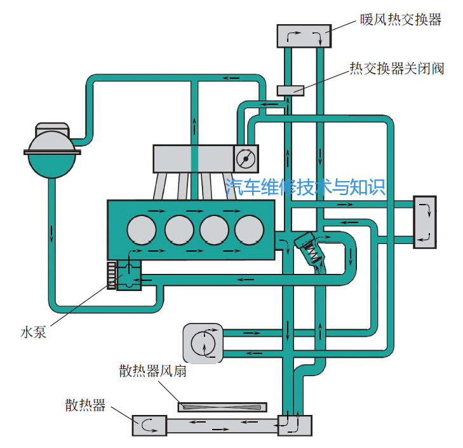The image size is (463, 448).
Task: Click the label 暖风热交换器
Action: point(400,20)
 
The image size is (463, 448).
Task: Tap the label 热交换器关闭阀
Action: point(397,69)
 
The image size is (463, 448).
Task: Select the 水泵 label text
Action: point(33,331)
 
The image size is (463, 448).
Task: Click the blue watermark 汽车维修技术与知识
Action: point(306,187)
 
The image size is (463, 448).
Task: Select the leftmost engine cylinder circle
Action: point(141,229)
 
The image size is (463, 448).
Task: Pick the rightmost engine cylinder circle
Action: point(249,229)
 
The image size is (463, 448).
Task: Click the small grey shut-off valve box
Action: point(290,90)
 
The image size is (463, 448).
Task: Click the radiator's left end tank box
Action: point(149,424)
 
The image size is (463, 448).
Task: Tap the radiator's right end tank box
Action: point(295,424)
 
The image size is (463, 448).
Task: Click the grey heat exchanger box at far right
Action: point(425,221)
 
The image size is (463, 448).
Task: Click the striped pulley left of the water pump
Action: point(112,275)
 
